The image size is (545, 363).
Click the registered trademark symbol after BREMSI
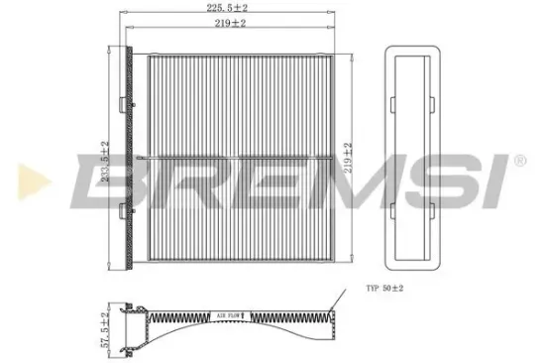coord(519,160)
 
